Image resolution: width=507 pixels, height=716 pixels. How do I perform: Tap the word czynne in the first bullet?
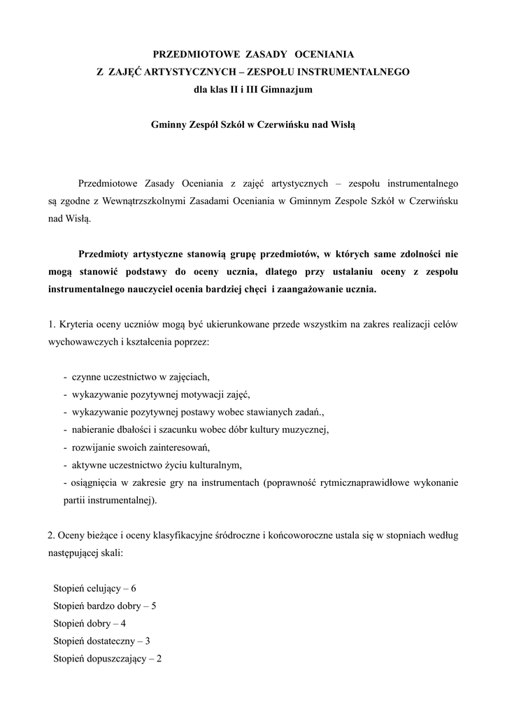87,376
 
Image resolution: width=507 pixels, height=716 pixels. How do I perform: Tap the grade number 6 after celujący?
134,588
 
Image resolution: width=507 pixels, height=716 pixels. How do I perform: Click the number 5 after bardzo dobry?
153,606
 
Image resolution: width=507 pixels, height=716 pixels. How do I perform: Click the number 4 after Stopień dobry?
124,623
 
